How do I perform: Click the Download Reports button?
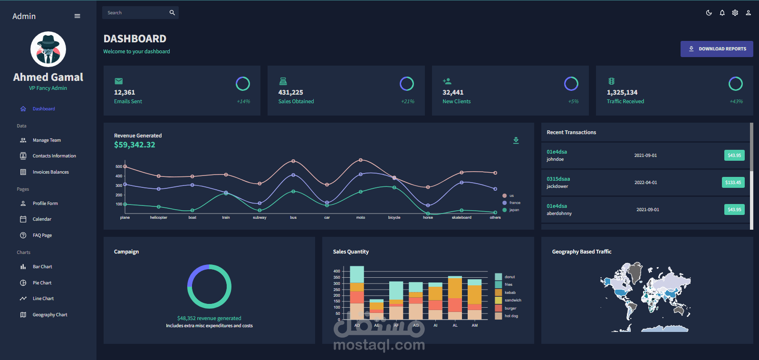click(x=717, y=49)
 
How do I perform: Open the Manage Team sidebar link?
click(x=47, y=140)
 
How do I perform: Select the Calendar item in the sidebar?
click(x=42, y=219)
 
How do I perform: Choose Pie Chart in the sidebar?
click(x=42, y=283)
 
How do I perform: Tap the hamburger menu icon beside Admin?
click(x=77, y=16)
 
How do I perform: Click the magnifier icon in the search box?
click(x=172, y=13)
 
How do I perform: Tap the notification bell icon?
click(x=722, y=13)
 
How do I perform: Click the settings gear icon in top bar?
click(x=735, y=13)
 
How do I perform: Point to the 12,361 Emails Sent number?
click(x=125, y=92)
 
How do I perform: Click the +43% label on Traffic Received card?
click(x=736, y=101)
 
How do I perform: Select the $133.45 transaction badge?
click(x=733, y=183)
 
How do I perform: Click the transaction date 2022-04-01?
click(x=645, y=183)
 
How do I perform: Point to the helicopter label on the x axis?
click(x=158, y=217)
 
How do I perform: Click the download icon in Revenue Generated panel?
click(x=516, y=140)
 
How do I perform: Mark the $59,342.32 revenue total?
click(x=135, y=145)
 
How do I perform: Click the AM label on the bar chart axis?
click(x=474, y=325)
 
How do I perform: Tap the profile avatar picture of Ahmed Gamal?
click(x=48, y=49)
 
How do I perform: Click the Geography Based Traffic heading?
click(x=581, y=252)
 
